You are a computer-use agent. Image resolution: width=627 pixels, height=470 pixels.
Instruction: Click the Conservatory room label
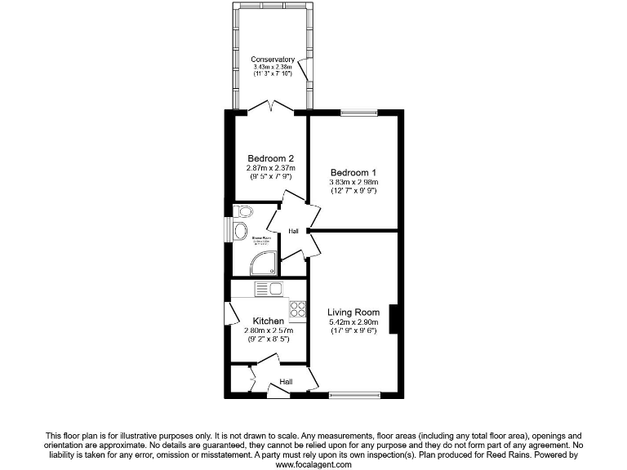(x=272, y=59)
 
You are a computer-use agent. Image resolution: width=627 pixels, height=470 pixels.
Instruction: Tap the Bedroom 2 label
(x=270, y=158)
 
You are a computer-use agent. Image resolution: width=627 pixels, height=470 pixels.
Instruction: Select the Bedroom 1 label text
(x=353, y=172)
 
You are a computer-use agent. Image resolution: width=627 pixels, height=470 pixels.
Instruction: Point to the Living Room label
(x=354, y=312)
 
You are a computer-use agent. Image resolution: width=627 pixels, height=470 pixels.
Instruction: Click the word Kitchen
(x=269, y=321)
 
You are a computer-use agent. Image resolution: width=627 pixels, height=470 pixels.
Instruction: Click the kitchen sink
(x=269, y=288)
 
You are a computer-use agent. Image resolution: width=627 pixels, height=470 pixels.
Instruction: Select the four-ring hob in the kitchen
(x=297, y=309)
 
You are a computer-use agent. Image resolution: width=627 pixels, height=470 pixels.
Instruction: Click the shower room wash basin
(x=239, y=231)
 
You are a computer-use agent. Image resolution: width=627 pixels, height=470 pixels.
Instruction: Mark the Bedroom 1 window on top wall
(x=354, y=113)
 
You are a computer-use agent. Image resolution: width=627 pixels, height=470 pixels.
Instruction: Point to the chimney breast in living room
(x=394, y=318)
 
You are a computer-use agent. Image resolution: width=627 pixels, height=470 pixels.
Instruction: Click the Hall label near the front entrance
(x=287, y=381)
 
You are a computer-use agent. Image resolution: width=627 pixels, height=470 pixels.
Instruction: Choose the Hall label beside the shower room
(x=293, y=231)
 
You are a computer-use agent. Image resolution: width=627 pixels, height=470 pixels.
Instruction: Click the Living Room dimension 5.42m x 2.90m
(x=354, y=322)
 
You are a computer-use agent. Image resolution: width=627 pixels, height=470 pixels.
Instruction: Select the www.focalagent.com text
(x=313, y=464)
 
